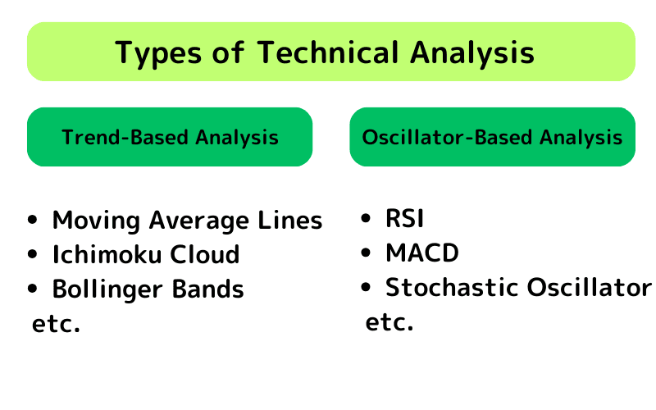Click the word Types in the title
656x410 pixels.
click(156, 53)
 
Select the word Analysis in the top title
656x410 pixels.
click(471, 52)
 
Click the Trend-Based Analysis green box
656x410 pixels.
click(170, 137)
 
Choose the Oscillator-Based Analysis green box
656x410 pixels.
click(492, 137)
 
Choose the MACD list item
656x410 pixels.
click(421, 253)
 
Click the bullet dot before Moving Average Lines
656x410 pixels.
click(33, 221)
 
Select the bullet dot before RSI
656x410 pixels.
click(367, 219)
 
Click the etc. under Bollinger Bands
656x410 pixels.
click(56, 324)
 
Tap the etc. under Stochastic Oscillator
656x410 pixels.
click(389, 322)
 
